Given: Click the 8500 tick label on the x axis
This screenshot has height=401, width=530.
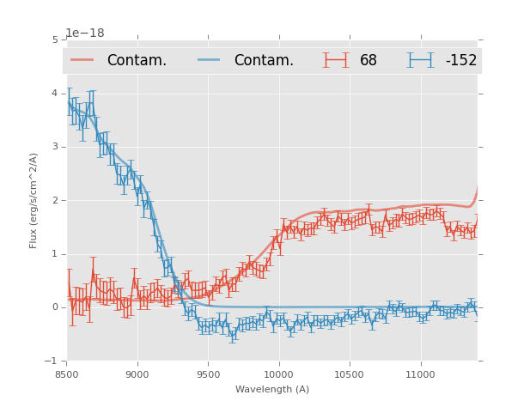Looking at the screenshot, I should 67,374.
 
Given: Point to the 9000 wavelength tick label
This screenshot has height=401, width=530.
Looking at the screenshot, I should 137,374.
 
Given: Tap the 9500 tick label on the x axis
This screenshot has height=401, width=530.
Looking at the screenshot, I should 208,374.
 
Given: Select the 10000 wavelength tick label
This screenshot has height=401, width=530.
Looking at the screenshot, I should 278,374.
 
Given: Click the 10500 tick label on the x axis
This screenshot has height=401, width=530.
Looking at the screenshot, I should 350,374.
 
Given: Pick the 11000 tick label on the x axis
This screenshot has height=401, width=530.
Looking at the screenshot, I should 420,374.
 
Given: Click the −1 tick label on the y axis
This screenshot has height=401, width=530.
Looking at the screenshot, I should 52,362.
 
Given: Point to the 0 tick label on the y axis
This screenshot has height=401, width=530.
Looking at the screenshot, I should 55,307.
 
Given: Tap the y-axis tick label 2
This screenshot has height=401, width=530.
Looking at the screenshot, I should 55,200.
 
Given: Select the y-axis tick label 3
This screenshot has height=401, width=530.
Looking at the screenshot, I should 55,147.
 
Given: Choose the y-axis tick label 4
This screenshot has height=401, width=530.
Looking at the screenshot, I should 55,93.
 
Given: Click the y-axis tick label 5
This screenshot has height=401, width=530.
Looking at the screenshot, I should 55,39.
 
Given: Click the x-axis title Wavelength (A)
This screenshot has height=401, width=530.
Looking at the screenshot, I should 272,389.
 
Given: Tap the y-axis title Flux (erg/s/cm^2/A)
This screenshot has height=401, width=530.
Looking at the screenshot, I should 34,200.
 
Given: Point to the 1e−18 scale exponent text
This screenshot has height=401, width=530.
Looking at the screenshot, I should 85,33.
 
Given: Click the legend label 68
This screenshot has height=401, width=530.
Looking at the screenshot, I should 369,61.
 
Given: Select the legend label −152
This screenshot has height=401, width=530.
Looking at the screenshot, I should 460,61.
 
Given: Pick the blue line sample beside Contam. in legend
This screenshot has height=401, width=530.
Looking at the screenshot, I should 210,60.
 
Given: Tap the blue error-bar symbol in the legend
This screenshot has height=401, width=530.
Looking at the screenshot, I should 420,60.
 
